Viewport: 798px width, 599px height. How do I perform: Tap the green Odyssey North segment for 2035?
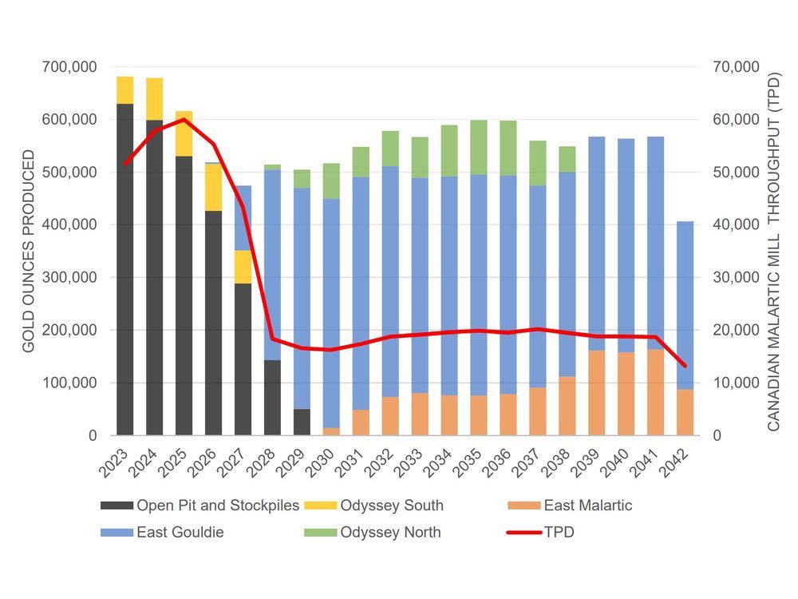point(479,147)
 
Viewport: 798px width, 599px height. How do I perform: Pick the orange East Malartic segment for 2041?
point(655,392)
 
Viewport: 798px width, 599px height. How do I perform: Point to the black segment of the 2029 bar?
point(302,422)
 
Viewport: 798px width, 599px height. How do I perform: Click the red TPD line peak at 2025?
point(184,120)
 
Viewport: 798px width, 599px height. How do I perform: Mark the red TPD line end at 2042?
point(685,366)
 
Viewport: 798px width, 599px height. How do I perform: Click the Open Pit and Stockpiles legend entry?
point(199,505)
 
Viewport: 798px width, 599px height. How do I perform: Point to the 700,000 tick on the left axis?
point(67,67)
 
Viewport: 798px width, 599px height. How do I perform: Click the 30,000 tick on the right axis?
point(729,278)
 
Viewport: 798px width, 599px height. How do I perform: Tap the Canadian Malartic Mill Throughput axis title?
point(772,252)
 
